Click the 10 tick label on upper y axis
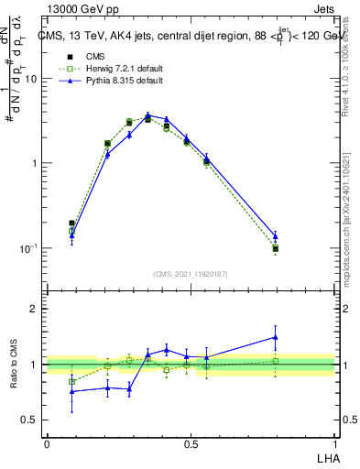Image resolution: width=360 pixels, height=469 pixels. [x=31, y=79]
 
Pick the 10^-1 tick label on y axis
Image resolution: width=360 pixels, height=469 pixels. [x=29, y=248]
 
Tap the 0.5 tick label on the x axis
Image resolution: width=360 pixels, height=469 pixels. [x=191, y=443]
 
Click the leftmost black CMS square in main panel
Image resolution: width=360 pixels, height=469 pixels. [x=72, y=223]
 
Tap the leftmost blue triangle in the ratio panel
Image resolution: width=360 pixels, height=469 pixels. [x=72, y=391]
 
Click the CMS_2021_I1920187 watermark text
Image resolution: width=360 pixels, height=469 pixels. [x=191, y=273]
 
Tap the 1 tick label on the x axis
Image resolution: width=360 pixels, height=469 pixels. [x=334, y=443]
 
